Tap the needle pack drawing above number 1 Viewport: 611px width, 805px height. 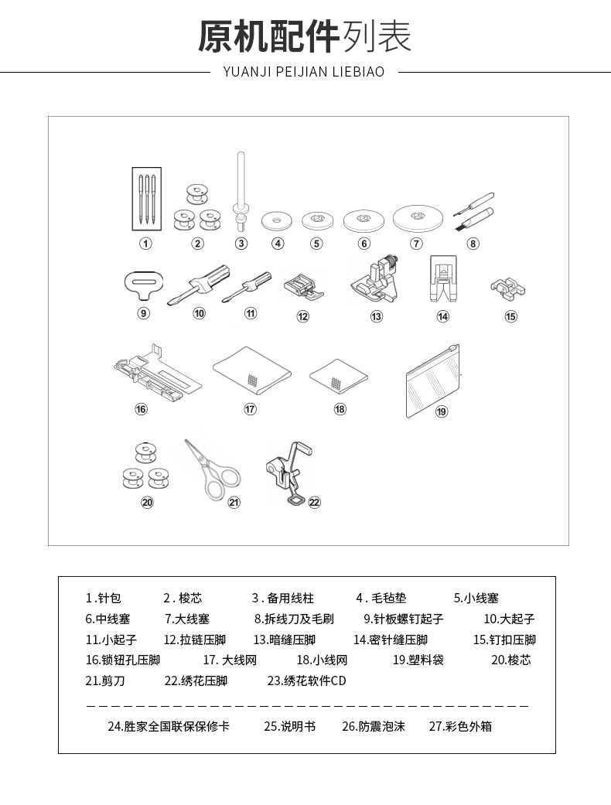click(145, 198)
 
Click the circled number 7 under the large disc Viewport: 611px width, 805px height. click(417, 244)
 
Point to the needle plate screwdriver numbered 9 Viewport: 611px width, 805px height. click(144, 285)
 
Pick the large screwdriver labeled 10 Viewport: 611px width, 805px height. click(200, 284)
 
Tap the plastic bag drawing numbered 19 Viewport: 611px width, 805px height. click(433, 380)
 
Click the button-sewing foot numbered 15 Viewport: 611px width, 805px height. click(508, 290)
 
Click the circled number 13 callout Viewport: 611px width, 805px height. click(377, 316)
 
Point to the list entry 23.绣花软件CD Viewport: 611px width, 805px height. click(306, 681)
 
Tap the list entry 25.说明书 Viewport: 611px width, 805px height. click(289, 727)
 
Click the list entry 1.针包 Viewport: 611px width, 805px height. click(104, 599)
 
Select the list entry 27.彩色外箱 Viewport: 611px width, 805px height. click(460, 727)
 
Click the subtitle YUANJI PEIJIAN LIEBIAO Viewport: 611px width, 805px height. click(304, 72)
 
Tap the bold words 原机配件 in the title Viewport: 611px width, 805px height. click(268, 36)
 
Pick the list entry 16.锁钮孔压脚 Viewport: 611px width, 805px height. click(122, 660)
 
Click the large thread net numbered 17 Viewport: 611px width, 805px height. click(252, 370)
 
